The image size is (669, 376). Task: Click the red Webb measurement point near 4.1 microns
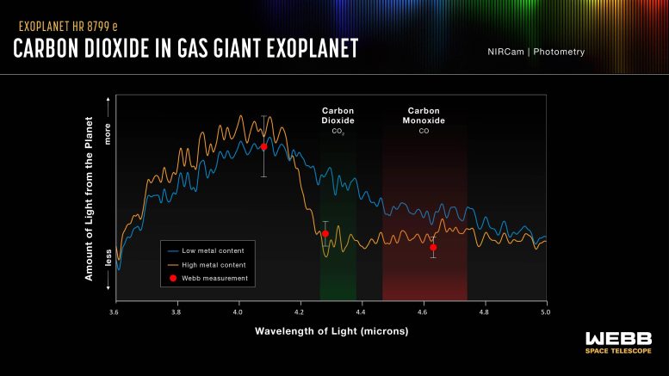click(x=263, y=147)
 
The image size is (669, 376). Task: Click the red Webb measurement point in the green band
click(x=325, y=234)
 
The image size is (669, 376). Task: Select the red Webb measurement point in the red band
click(x=433, y=248)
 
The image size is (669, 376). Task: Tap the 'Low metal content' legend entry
click(x=207, y=250)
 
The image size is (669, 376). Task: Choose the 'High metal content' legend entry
click(x=208, y=264)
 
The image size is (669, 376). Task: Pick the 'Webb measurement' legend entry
click(x=209, y=278)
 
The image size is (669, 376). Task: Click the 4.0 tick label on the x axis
click(x=237, y=311)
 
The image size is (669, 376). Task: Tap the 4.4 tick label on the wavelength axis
click(x=361, y=311)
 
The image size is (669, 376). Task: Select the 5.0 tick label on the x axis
click(x=546, y=311)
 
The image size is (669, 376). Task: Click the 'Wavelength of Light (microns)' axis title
click(x=331, y=331)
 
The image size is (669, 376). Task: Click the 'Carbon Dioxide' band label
click(x=338, y=116)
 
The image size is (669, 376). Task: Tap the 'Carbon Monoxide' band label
click(x=424, y=116)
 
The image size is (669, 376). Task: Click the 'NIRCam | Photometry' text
click(x=536, y=52)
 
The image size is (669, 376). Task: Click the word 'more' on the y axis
click(x=108, y=142)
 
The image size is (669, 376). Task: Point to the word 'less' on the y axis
click(x=108, y=257)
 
